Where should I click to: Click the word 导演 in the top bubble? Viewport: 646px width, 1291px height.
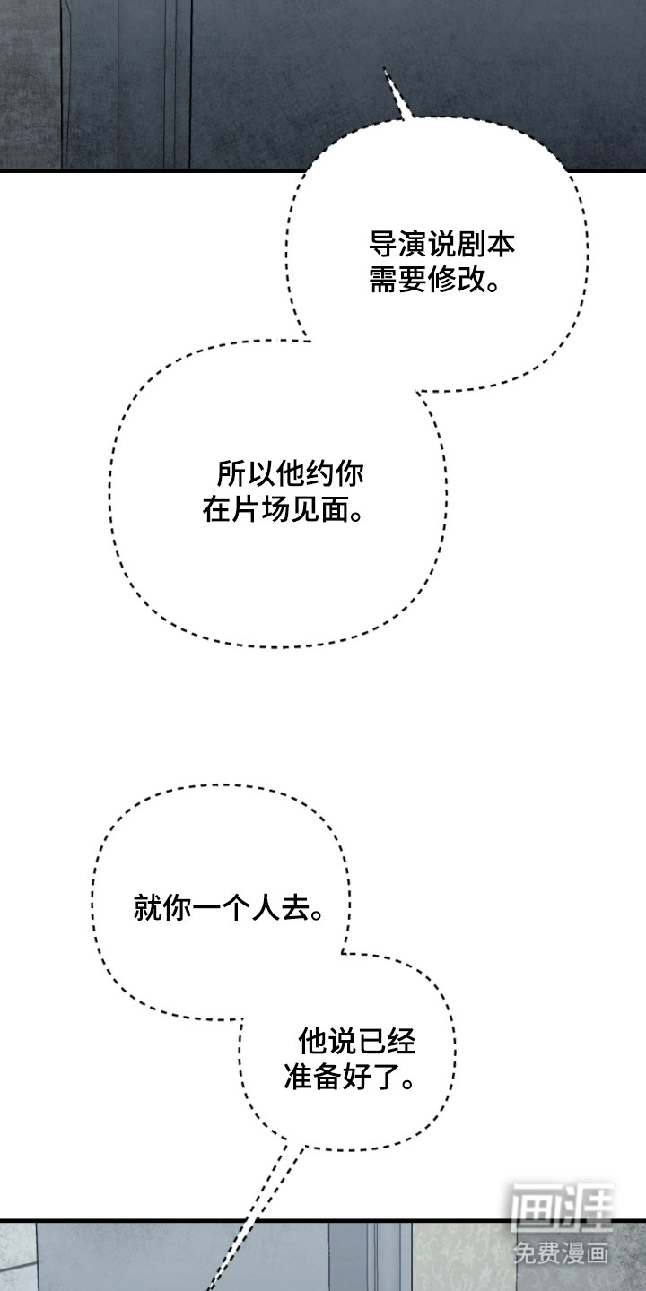coord(398,245)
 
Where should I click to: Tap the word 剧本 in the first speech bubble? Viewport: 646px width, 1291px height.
coord(485,245)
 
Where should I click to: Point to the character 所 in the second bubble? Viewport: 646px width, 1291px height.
coord(231,473)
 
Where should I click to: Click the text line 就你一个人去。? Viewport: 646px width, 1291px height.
coord(229,907)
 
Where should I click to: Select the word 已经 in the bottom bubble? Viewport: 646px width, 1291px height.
coord(387,1041)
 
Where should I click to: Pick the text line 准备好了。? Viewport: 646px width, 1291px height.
coord(350,1077)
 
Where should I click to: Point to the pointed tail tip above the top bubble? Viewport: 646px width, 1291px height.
coord(385,68)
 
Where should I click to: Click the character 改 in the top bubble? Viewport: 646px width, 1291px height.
coord(472,280)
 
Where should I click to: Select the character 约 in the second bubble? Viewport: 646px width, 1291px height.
coord(319,473)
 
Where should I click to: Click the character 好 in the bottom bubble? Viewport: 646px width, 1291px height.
coord(357,1077)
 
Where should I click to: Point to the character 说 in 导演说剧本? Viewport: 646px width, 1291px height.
coord(442,245)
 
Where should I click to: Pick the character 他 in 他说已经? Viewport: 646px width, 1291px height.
coord(312,1041)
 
